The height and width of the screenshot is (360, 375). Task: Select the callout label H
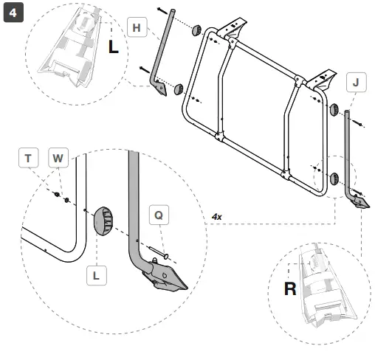pyautogui.click(x=135, y=27)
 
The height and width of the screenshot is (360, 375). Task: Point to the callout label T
pyautogui.click(x=28, y=158)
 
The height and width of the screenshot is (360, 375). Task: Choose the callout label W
pyautogui.click(x=58, y=158)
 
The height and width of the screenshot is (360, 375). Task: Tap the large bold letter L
pyautogui.click(x=112, y=46)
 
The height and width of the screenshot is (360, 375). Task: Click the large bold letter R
pyautogui.click(x=292, y=288)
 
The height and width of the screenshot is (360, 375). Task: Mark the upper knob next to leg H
pyautogui.click(x=197, y=32)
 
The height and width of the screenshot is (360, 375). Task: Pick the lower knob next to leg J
pyautogui.click(x=334, y=178)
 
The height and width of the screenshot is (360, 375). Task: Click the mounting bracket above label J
pyautogui.click(x=326, y=75)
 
